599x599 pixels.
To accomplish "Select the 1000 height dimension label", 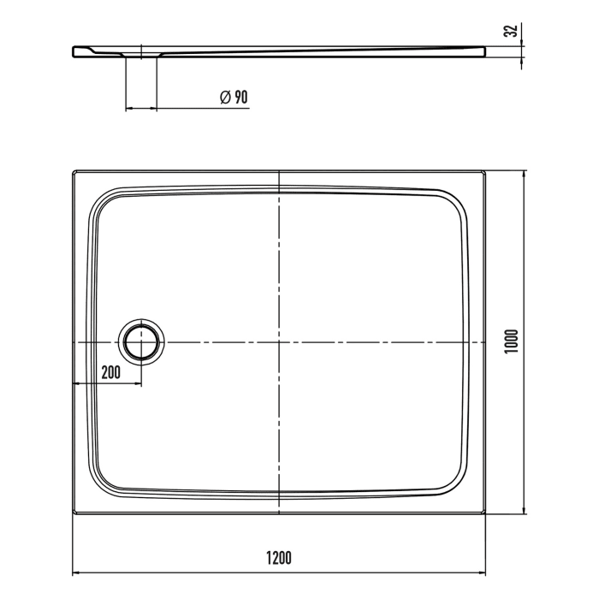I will [511, 342].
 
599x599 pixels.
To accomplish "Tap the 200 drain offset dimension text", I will [110, 371].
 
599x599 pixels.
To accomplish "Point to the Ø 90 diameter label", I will [234, 98].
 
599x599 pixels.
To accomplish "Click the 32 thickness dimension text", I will [511, 32].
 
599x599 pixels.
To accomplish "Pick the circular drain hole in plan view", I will [140, 341].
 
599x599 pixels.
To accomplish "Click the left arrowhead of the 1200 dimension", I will [76, 572].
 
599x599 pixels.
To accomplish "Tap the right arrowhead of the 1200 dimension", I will [484, 572].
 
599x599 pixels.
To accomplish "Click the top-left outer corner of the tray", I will [74, 171].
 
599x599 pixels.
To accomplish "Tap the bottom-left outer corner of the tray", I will [74, 514].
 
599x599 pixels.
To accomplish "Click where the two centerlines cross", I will [280, 341].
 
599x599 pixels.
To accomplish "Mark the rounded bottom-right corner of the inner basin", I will [458, 484].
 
